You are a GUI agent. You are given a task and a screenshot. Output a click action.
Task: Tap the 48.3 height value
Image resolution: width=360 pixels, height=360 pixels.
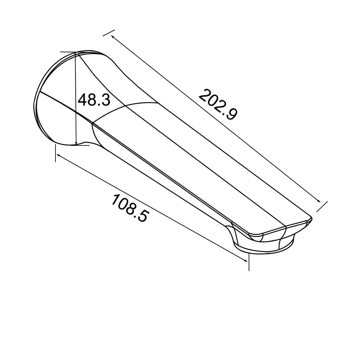tap(94, 100)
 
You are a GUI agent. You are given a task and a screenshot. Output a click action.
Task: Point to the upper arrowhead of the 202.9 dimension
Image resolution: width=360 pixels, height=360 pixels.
tap(112, 37)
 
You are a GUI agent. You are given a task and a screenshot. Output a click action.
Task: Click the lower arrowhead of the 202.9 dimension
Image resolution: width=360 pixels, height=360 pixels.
tap(319, 202)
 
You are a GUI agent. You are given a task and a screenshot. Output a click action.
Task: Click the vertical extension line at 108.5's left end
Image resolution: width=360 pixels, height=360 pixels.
tap(55, 153)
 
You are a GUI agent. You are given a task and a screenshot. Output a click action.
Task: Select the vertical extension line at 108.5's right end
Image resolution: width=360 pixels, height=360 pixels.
tap(249, 261)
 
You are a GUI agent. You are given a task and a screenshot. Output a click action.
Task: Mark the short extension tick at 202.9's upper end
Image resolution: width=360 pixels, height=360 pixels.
tap(109, 33)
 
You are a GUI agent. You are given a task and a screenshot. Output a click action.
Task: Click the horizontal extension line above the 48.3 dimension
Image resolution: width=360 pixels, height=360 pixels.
tap(68, 52)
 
